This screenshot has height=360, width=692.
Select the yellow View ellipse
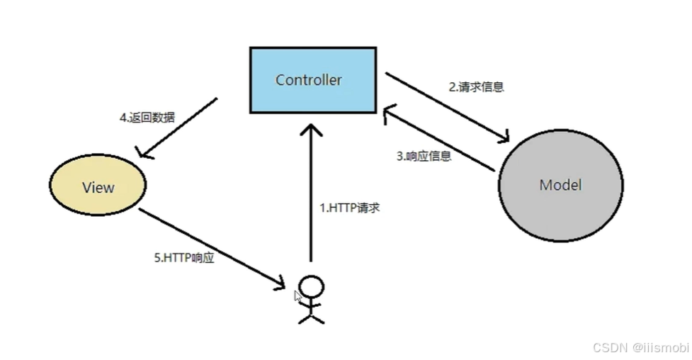[98, 187]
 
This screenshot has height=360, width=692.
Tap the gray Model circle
[560, 186]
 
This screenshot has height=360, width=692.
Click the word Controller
[308, 79]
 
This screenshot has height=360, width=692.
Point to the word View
[98, 187]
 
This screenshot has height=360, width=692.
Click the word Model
[560, 185]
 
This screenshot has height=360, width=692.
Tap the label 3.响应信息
[423, 156]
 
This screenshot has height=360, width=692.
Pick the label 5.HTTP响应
[183, 259]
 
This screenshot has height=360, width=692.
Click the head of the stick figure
[311, 286]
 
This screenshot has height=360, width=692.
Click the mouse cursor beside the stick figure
[299, 296]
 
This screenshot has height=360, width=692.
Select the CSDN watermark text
[640, 347]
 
